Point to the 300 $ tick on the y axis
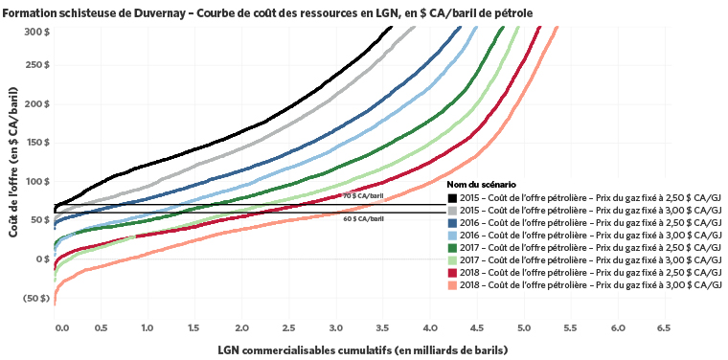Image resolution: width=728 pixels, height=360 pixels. (36, 31)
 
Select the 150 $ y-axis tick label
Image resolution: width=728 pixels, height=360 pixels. (36, 143)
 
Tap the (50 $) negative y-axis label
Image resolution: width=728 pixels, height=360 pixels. (34, 298)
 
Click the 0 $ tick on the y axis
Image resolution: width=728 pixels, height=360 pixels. (42, 259)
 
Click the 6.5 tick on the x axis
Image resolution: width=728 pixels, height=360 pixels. (663, 327)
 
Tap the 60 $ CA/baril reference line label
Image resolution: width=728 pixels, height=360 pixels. (364, 219)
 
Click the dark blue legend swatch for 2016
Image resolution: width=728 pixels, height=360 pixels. (452, 221)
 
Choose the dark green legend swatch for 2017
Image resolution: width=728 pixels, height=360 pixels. (452, 246)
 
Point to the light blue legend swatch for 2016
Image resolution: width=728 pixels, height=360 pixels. (452, 234)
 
